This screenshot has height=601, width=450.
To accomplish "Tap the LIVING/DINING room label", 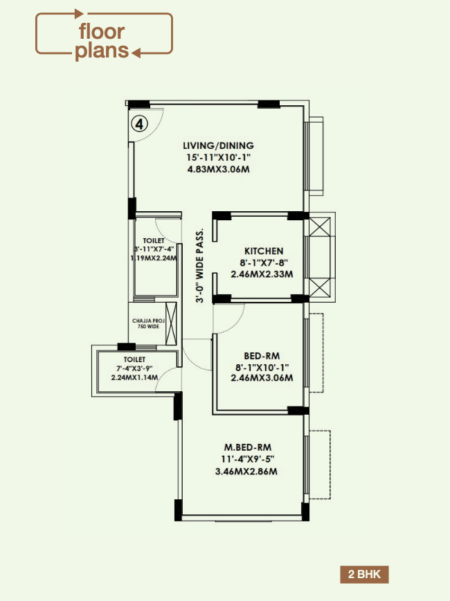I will [x=218, y=146].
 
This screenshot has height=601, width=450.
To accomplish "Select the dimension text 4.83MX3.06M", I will [x=218, y=168].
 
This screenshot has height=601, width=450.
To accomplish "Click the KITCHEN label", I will [x=263, y=251].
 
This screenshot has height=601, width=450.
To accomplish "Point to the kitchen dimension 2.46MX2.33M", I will [x=263, y=274].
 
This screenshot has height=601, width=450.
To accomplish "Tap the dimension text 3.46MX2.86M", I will [x=246, y=472].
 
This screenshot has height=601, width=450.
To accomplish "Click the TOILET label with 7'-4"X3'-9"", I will [x=134, y=360].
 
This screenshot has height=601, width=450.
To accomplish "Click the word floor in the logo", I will [x=101, y=31].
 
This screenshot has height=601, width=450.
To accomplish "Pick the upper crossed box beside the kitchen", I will [x=319, y=227].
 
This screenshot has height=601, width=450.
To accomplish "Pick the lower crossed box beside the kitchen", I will [x=319, y=287].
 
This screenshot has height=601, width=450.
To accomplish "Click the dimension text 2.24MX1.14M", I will [x=134, y=377].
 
